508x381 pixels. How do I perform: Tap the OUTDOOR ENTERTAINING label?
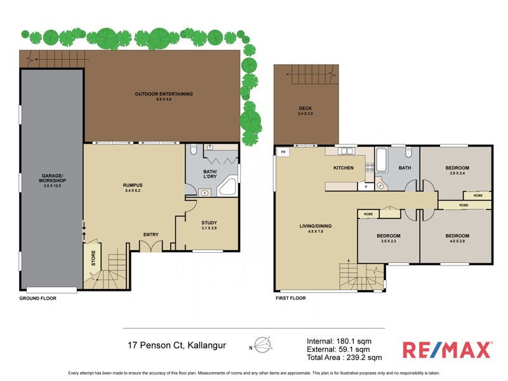click(x=163, y=94)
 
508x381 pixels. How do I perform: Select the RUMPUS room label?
click(x=132, y=185)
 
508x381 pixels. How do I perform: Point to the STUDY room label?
click(x=209, y=222)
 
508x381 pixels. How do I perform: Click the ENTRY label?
click(x=150, y=234)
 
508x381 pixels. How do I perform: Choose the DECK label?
click(x=305, y=109)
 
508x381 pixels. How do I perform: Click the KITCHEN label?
click(x=344, y=168)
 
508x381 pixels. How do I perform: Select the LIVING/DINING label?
click(x=316, y=226)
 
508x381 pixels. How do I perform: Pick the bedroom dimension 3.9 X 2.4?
click(x=457, y=173)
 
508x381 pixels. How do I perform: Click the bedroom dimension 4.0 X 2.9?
click(x=457, y=242)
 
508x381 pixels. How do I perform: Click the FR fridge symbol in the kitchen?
click(x=282, y=152)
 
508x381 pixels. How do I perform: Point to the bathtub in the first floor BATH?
click(x=381, y=159)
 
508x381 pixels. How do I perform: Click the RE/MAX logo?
click(x=447, y=349)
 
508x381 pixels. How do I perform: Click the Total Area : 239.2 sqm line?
click(x=344, y=358)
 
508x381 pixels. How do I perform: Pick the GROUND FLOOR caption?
click(x=37, y=298)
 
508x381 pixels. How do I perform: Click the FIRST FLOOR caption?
click(x=291, y=298)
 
